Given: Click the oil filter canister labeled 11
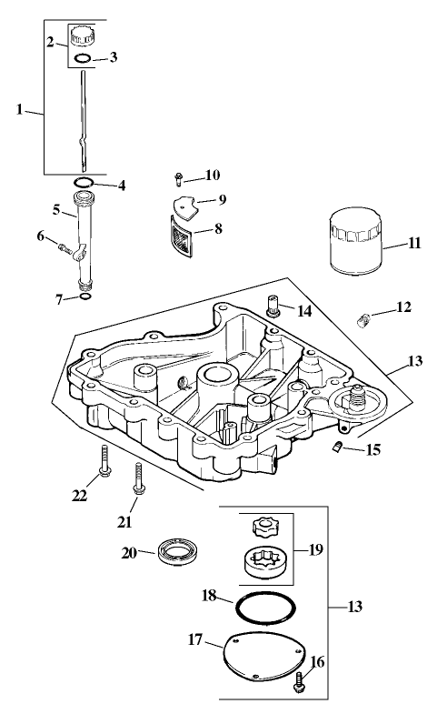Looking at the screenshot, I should click(353, 243).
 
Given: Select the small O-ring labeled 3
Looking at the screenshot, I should click(83, 59).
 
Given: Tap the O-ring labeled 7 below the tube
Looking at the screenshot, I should click(84, 296).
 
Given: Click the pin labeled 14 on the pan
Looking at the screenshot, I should click(272, 306).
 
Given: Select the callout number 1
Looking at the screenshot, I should click(20, 109).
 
